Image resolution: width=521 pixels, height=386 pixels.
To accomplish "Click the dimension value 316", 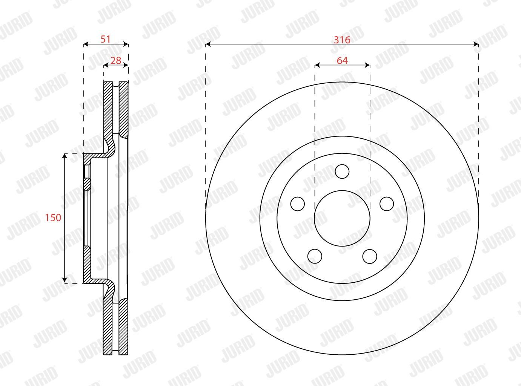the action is pos(342,40).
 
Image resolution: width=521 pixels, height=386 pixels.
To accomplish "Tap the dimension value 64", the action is pos(342,61).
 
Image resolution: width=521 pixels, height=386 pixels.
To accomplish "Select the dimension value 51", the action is pos(106,39).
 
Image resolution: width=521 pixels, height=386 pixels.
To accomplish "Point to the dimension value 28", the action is pos(115,61).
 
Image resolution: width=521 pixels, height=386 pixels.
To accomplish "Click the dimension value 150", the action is pos(53,218).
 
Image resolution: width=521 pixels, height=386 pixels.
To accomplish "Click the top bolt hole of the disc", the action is pos(342,172).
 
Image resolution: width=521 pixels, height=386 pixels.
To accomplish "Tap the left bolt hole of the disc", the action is pos(298,204).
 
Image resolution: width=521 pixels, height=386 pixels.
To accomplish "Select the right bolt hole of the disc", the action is pos(387,204).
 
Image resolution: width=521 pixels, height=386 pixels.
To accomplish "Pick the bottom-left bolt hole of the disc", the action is pos(315,256).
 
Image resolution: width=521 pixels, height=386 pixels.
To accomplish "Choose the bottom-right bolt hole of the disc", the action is pos(370,256).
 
